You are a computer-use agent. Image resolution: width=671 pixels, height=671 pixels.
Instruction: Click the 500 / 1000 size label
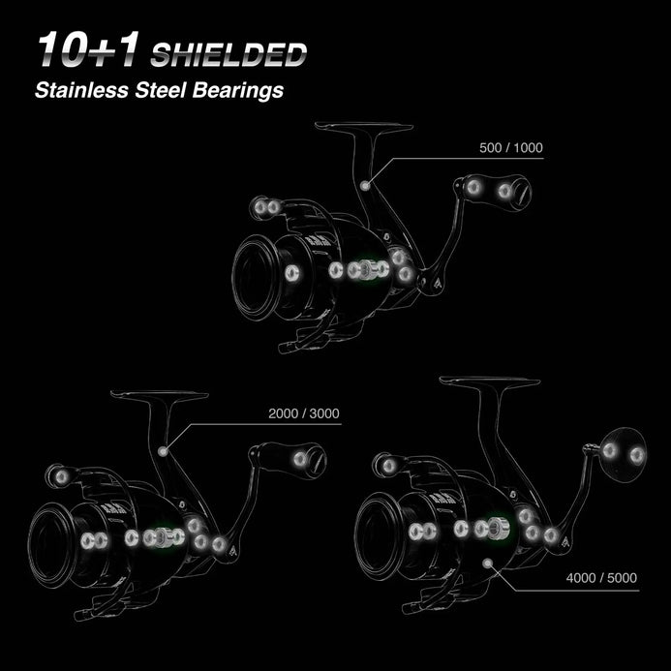point(511,148)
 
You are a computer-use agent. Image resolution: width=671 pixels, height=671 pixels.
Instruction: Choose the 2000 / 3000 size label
point(304,413)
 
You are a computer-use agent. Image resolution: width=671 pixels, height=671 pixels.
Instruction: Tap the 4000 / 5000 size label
point(602,579)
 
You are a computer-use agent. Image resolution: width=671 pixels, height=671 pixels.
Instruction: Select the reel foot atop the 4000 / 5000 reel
point(489,382)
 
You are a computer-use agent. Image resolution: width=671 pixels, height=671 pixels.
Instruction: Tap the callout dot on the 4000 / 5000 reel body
point(487,561)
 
